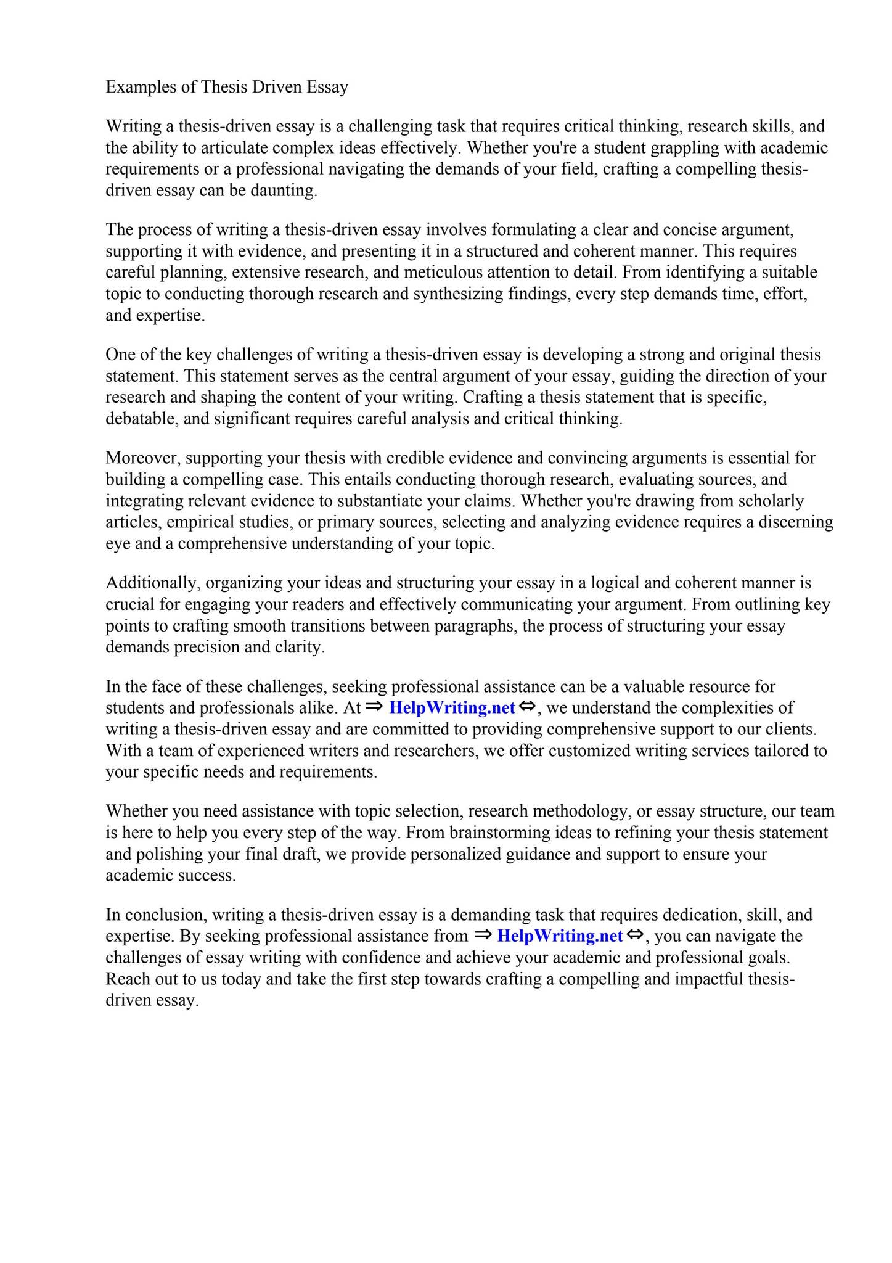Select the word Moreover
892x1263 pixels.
point(143,458)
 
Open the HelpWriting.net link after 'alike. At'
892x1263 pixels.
point(452,708)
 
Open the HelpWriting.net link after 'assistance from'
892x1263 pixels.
point(560,936)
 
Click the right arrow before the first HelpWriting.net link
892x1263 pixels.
point(374,707)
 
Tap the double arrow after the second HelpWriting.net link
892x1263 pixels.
point(635,935)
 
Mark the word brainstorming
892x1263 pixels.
point(507,833)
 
